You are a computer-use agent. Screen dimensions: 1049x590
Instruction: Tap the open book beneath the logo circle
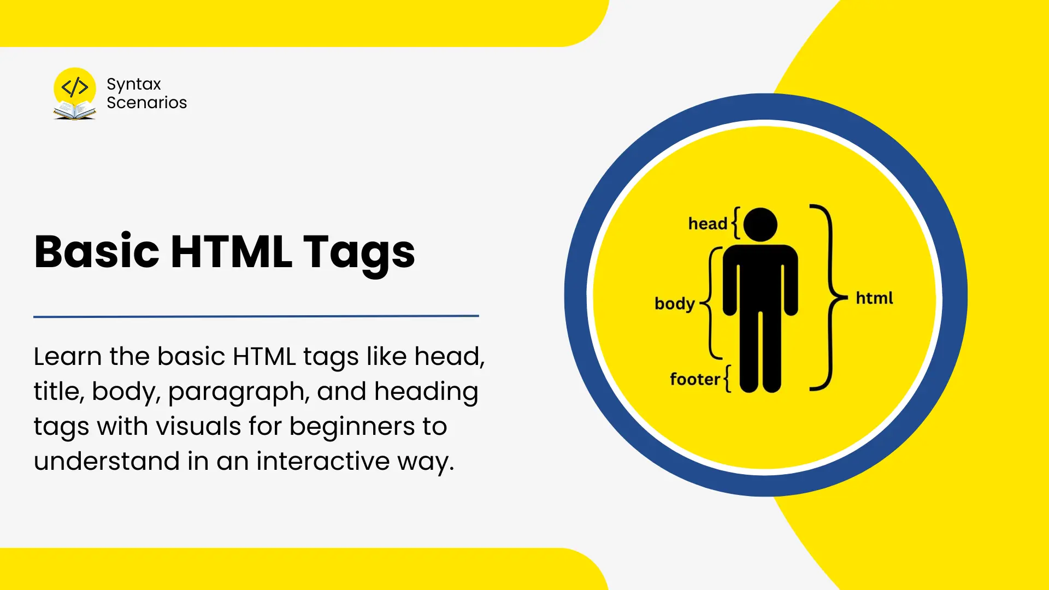click(x=75, y=111)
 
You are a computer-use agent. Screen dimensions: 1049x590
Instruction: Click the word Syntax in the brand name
click(x=134, y=85)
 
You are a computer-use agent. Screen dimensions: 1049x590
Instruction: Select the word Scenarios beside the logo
click(x=146, y=102)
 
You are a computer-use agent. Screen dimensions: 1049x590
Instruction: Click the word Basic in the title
click(x=97, y=251)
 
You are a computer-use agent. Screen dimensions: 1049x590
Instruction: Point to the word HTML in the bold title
click(x=231, y=252)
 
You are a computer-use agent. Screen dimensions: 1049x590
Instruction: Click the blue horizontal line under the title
click(x=256, y=316)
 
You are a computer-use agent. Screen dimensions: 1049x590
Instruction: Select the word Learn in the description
click(x=68, y=356)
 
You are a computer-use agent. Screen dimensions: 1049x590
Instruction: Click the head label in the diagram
click(x=708, y=223)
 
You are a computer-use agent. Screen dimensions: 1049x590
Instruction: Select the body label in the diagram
click(x=675, y=304)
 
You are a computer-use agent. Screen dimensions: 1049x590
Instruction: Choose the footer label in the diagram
click(x=695, y=379)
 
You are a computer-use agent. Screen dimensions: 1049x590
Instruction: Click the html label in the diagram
click(x=874, y=298)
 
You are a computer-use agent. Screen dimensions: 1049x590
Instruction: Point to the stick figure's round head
click(x=760, y=225)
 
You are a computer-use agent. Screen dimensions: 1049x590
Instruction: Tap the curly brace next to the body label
click(x=710, y=303)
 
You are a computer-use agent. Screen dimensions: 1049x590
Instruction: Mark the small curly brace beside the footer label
click(x=727, y=379)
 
